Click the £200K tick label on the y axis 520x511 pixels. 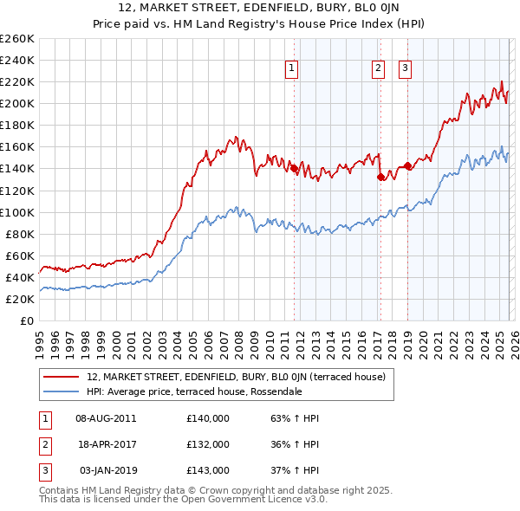click(x=16, y=103)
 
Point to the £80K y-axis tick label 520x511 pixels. click(x=19, y=234)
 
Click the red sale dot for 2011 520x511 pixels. click(x=294, y=168)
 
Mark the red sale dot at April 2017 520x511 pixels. click(x=380, y=177)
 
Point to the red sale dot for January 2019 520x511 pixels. click(x=407, y=165)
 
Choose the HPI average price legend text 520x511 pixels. click(x=194, y=391)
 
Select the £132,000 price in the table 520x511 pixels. click(x=207, y=444)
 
